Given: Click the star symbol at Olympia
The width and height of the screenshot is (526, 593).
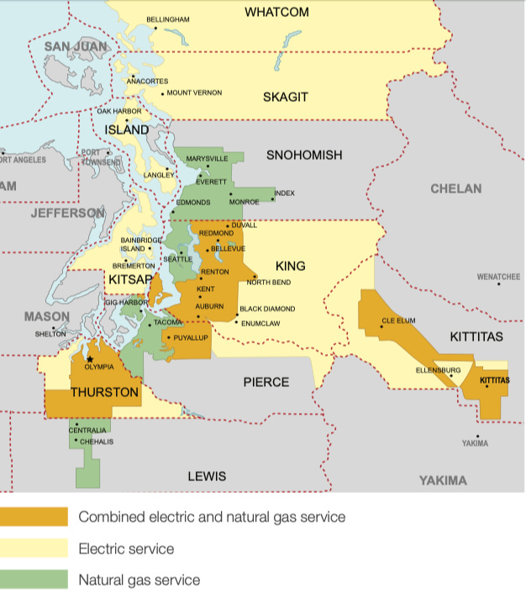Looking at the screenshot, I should click(x=90, y=359).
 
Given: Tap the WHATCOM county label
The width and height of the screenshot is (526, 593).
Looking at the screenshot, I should click(x=276, y=12).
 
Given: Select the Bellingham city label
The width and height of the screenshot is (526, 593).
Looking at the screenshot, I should click(x=168, y=19).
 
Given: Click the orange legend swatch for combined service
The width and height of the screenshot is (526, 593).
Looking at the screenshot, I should click(x=34, y=516).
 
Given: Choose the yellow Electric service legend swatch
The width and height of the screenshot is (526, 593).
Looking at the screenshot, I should click(x=34, y=548).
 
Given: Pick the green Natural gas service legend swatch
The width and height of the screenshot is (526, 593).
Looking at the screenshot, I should click(x=34, y=580).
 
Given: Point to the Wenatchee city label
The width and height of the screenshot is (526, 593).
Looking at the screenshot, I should click(x=498, y=276).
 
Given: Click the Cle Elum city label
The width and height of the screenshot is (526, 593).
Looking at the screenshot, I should click(x=399, y=320).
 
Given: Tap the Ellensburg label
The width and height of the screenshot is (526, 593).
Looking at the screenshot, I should click(x=438, y=370).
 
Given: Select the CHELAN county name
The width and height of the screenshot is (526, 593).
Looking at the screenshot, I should click(x=456, y=188).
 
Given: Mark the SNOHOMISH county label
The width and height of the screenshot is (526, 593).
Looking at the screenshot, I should click(x=304, y=155).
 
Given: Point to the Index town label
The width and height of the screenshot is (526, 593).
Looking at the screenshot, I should click(x=285, y=193).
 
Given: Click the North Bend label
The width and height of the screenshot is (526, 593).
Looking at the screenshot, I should click(x=270, y=282).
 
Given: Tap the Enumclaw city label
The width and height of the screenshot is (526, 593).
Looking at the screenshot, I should click(x=260, y=323).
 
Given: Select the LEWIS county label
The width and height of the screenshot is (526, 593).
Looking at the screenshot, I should click(x=207, y=476).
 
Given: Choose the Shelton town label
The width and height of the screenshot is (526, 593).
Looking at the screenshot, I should click(x=50, y=334).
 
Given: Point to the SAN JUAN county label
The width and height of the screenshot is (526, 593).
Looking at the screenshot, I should click(x=76, y=45).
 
